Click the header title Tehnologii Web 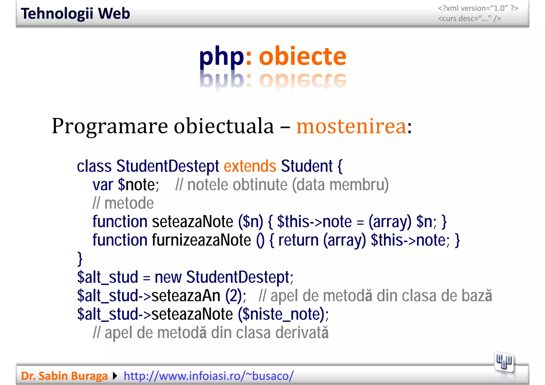point(75,14)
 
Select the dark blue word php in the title point(221,57)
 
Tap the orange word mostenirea point(351,126)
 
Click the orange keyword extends point(250,166)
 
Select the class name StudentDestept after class point(167,166)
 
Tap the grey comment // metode point(123,203)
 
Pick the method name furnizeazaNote point(201,240)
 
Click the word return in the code point(298,240)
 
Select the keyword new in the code point(168,277)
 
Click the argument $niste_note point(281,314)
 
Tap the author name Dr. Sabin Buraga point(64,376)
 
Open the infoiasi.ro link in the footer point(209,376)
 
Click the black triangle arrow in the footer point(115,376)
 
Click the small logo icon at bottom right point(504,362)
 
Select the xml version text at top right point(478,8)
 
